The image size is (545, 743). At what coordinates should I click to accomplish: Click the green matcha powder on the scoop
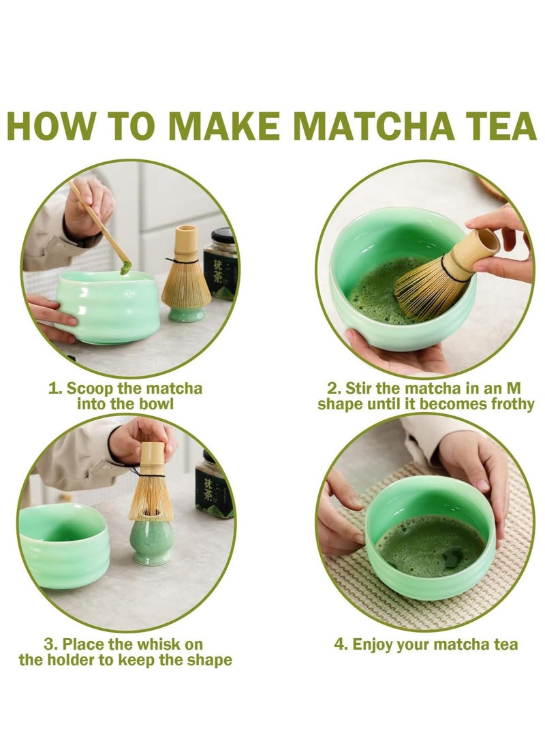click(x=125, y=268)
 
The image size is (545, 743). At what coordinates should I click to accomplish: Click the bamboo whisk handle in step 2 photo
click(x=476, y=250)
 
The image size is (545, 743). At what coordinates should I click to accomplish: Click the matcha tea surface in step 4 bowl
click(x=431, y=545)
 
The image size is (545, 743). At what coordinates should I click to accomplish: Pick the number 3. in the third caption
click(x=50, y=644)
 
